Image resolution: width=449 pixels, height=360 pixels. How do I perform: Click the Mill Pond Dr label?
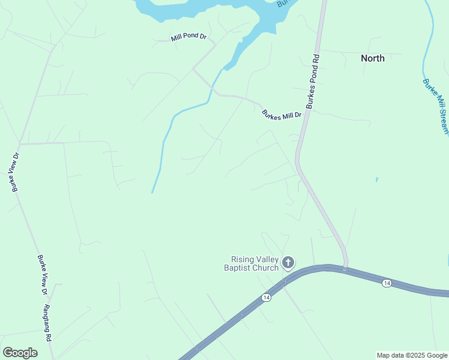click(188, 37)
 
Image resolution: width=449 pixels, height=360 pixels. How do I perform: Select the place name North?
click(372, 58)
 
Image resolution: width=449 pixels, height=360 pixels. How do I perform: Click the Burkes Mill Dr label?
click(281, 115)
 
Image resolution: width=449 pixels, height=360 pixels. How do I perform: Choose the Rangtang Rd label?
click(47, 323)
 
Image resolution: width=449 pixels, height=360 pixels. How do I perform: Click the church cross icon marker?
click(288, 262)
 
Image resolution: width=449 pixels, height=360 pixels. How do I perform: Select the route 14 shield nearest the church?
click(266, 297)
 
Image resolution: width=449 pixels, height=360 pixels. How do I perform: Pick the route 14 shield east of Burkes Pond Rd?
click(387, 283)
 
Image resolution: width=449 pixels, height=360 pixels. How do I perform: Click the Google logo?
click(20, 353)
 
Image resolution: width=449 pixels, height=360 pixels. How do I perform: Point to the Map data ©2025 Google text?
click(412, 355)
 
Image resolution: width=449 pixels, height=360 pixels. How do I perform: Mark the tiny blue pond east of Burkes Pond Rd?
click(376, 179)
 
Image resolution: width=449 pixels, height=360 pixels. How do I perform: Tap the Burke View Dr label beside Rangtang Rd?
click(42, 275)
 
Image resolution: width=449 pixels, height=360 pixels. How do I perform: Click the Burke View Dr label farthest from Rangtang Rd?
click(14, 172)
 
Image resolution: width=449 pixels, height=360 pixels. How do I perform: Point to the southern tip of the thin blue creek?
click(152, 193)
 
